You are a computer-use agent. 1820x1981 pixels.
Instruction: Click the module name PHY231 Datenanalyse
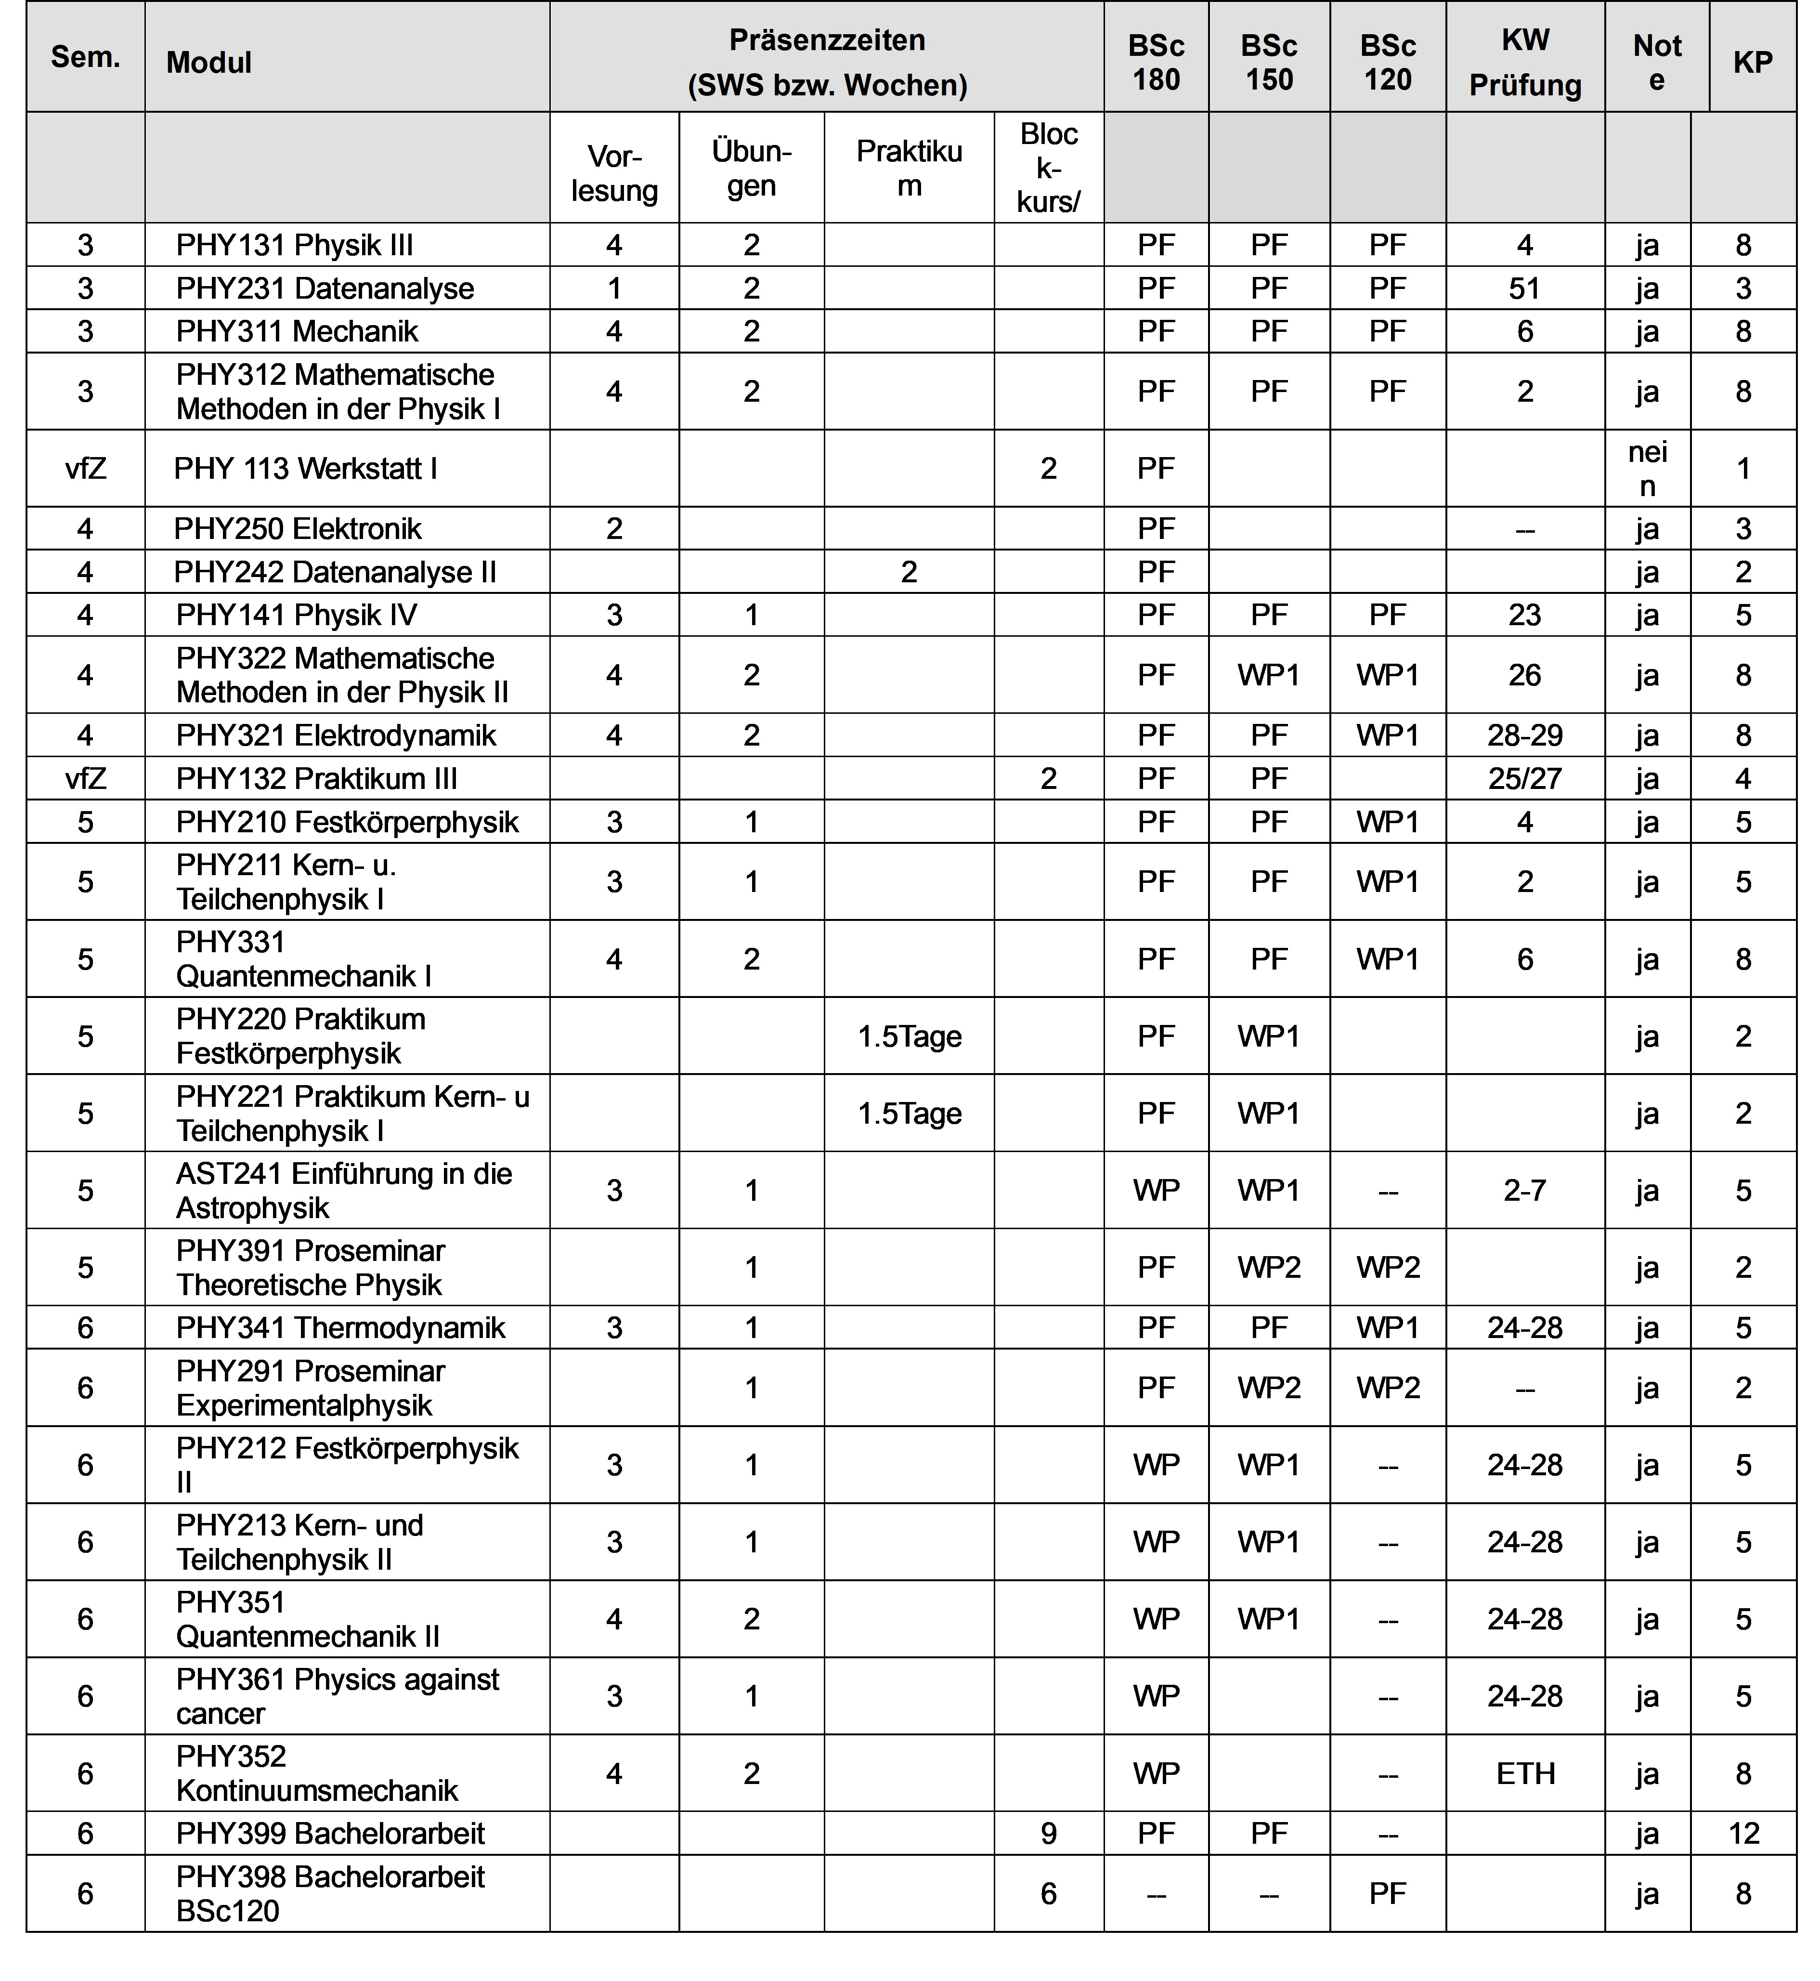pos(325,289)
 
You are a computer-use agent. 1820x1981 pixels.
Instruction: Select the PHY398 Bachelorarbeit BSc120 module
pos(330,1894)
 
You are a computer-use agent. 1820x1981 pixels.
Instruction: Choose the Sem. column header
pos(86,57)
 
